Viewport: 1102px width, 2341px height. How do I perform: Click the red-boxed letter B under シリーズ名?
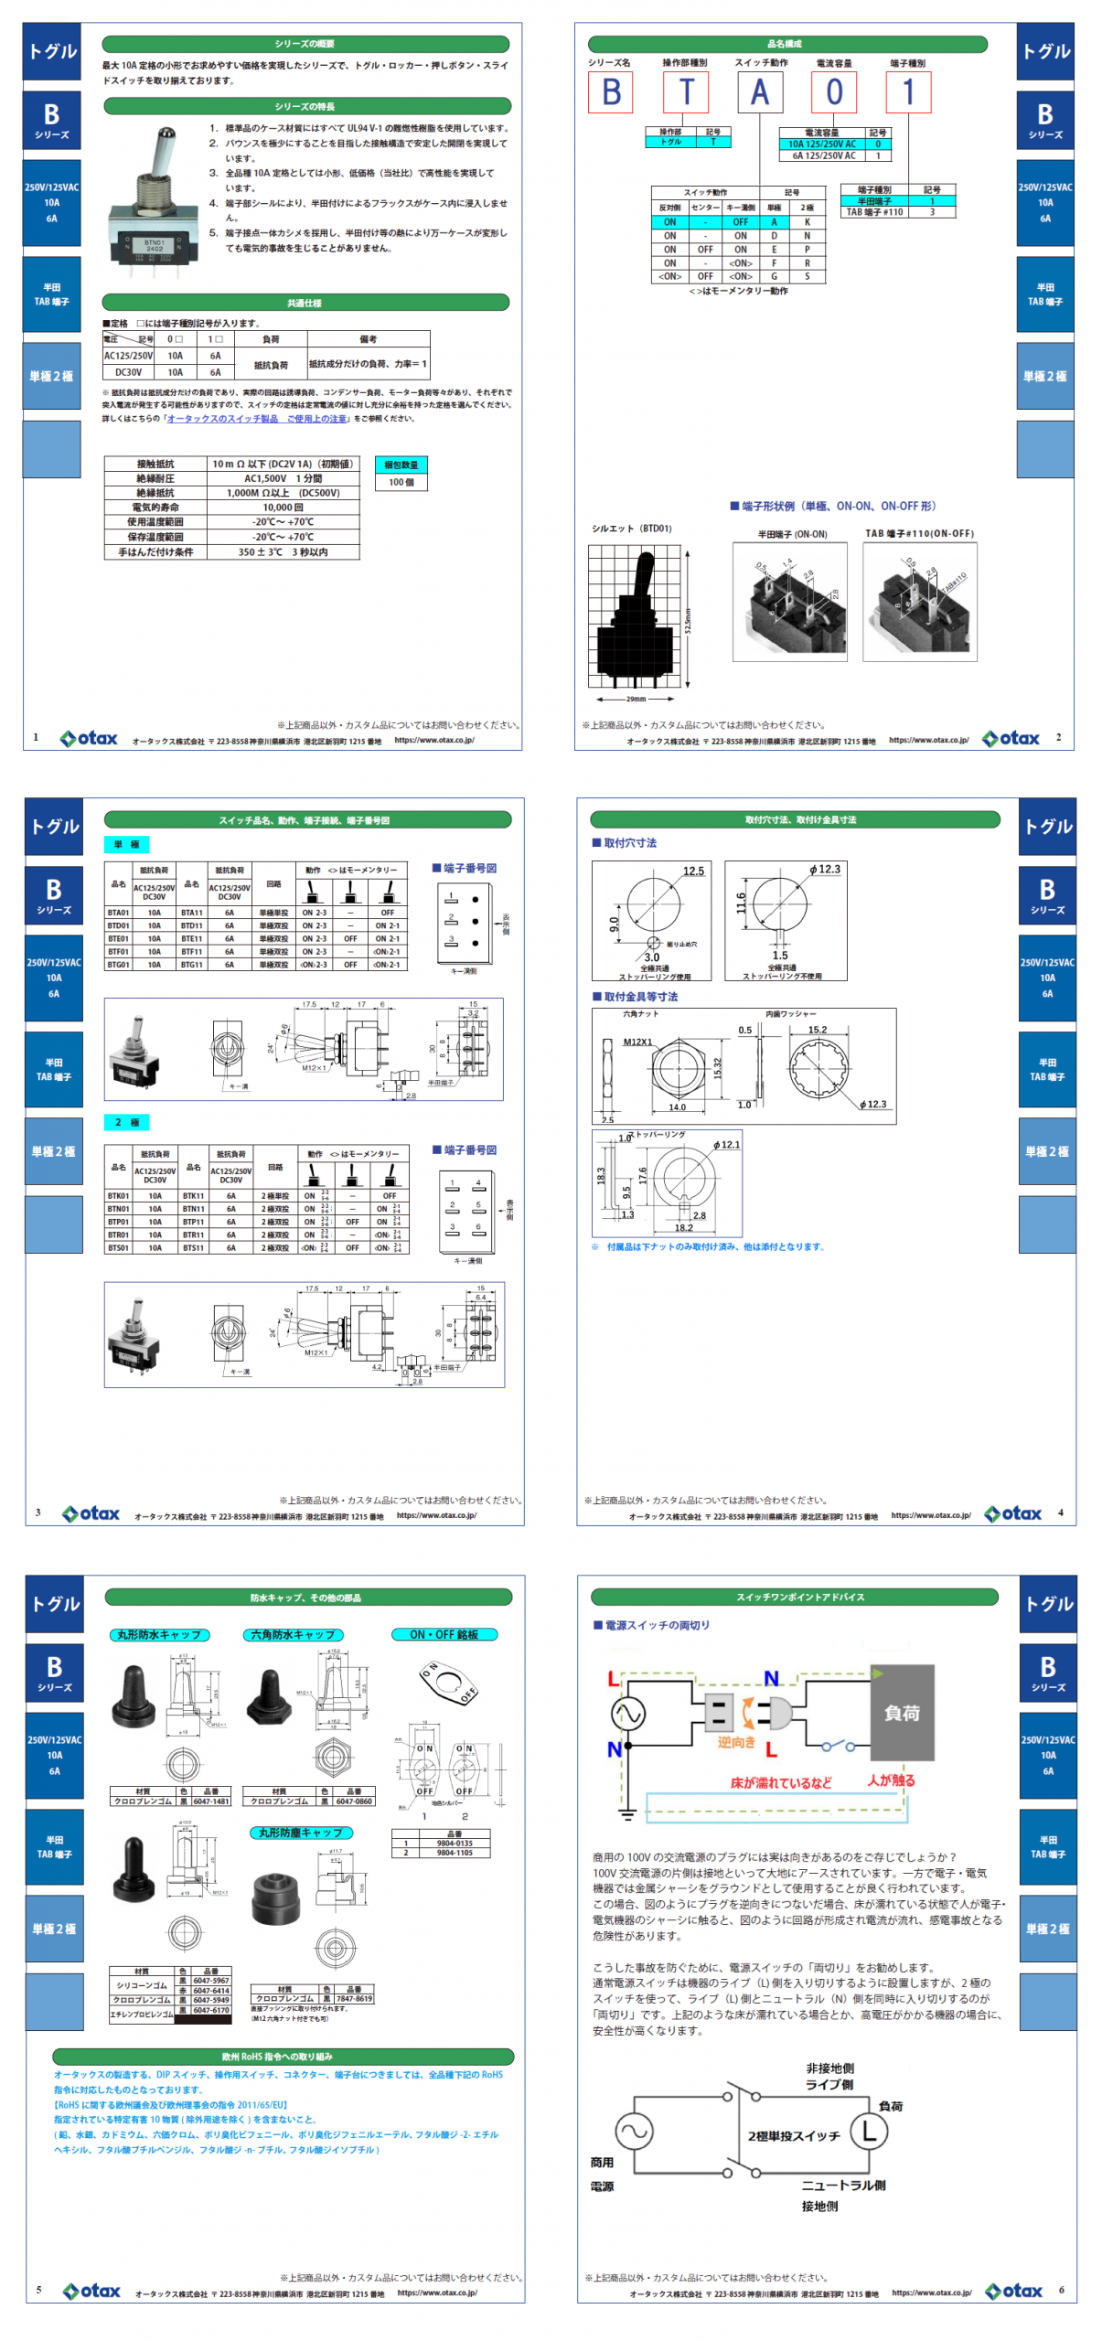click(610, 92)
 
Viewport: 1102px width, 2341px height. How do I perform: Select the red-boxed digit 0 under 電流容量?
click(833, 92)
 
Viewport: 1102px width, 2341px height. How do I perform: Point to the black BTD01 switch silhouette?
click(636, 616)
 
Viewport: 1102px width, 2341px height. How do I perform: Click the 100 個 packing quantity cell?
click(401, 482)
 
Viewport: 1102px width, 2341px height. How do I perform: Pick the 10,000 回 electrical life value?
click(283, 507)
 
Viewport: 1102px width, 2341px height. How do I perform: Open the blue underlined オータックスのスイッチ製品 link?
click(257, 419)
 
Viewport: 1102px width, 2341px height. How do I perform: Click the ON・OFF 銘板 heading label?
click(444, 1634)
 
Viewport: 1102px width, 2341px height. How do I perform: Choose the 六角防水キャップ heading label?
click(293, 1634)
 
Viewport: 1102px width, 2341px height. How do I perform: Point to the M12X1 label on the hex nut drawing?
click(637, 1042)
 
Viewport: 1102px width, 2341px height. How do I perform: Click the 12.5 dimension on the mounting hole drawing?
click(693, 871)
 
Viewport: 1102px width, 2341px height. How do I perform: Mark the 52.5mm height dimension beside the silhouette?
click(688, 620)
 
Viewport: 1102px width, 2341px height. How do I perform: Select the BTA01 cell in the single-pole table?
click(118, 913)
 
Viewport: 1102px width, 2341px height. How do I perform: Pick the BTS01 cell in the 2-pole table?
click(118, 1247)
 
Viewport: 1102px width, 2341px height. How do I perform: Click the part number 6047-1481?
click(211, 1801)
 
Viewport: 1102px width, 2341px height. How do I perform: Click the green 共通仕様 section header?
click(305, 303)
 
